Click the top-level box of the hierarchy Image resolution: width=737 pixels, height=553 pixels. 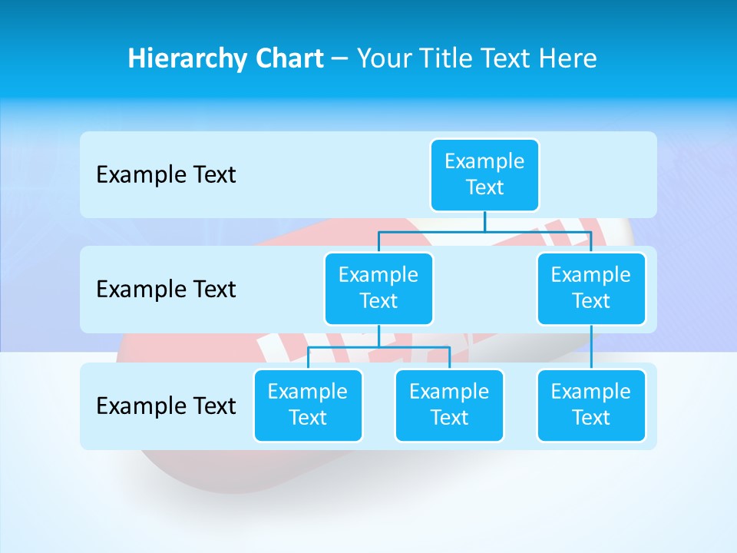[484, 175]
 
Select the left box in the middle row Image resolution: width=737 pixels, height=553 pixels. [378, 289]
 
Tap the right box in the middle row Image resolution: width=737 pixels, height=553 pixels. [591, 289]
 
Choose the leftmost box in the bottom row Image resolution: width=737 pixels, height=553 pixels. [308, 406]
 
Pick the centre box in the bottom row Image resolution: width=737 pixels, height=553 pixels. [449, 406]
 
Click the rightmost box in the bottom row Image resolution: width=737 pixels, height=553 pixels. [591, 406]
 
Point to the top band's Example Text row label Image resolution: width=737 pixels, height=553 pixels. [166, 175]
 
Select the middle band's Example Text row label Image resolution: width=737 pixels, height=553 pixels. [166, 290]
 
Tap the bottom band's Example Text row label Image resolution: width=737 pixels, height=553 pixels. [166, 406]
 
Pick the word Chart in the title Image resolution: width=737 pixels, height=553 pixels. [288, 58]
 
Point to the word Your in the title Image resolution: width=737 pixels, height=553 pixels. [382, 58]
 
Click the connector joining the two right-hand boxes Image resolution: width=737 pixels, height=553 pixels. [591, 347]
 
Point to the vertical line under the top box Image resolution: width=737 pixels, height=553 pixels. [484, 221]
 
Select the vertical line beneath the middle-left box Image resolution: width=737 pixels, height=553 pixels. [378, 336]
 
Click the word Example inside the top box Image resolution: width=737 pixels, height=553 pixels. [484, 162]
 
